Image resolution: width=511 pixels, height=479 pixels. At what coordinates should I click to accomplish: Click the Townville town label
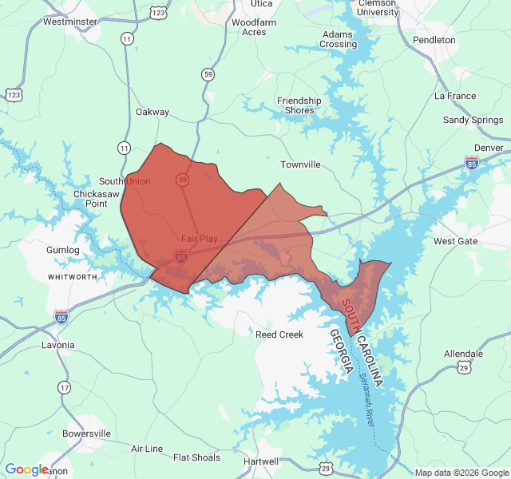pos(300,164)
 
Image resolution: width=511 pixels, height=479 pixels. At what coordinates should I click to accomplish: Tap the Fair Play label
pos(199,239)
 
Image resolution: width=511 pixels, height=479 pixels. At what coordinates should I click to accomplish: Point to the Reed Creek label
pos(279,335)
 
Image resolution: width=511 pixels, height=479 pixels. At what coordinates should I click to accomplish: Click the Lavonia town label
pos(57,345)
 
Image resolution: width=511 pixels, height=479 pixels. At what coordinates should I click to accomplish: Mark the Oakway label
pos(153,112)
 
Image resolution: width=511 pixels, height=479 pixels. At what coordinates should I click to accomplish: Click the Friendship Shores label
pos(299,105)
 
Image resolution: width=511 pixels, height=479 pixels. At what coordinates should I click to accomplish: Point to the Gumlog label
pos(63,250)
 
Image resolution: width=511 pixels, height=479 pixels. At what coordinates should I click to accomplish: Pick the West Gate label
pos(455,241)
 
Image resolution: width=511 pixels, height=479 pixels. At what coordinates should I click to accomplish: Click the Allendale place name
pos(463,354)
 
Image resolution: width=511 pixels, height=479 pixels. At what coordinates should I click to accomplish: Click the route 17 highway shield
pos(64,387)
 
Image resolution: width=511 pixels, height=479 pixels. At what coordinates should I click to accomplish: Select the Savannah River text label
pos(366,399)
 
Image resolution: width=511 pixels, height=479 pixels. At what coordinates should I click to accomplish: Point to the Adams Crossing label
pos(339,39)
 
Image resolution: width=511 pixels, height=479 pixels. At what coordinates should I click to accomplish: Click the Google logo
pos(26,469)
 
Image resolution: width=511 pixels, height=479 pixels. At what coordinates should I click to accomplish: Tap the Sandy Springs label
pos(473,120)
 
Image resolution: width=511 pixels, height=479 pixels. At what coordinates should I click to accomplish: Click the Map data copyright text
pos(461,473)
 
